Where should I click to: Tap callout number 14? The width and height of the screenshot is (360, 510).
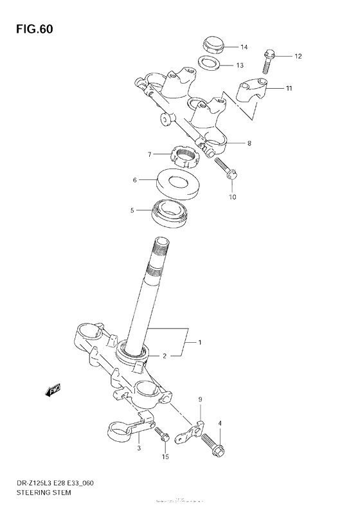tap(244, 47)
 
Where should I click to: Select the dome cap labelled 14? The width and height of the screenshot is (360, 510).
tap(212, 45)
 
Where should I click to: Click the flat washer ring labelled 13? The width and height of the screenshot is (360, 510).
tap(208, 64)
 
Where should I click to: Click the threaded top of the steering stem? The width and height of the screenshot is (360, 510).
tap(160, 248)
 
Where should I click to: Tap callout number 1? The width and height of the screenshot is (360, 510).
tap(199, 342)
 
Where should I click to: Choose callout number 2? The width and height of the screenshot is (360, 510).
tap(164, 355)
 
